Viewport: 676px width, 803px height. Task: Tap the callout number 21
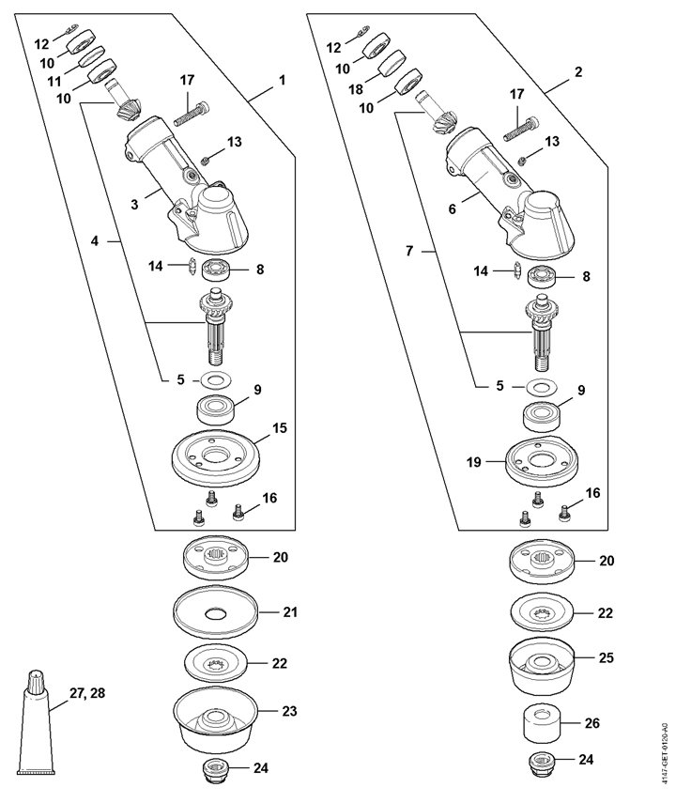click(290, 612)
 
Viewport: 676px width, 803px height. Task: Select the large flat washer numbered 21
click(215, 612)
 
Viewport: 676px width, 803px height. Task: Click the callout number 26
click(593, 723)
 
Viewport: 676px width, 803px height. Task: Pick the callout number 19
click(474, 462)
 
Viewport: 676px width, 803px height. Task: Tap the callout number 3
click(134, 205)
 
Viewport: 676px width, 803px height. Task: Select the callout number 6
click(452, 208)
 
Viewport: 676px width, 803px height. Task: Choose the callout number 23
click(289, 711)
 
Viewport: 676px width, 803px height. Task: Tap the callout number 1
click(282, 81)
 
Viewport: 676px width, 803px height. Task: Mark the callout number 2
click(578, 71)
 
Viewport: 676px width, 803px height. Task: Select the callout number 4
click(94, 240)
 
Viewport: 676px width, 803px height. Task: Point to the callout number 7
click(409, 252)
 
